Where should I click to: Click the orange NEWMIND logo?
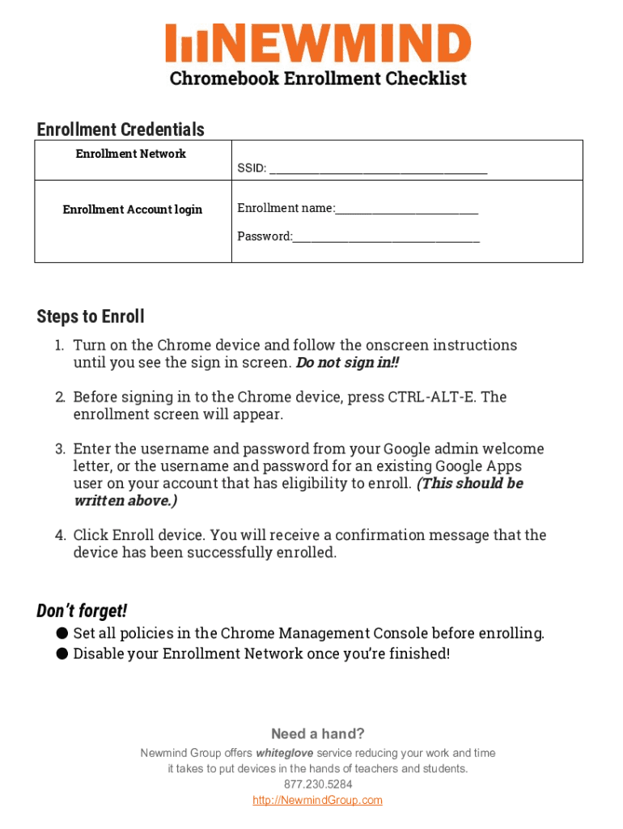tap(318, 44)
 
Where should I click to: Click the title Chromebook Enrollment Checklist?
tap(318, 79)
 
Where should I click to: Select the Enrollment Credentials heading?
tap(121, 130)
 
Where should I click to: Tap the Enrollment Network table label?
tap(131, 154)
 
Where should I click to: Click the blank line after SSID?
tap(378, 170)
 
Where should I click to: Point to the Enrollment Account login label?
tap(133, 210)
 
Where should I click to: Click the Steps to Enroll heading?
tap(91, 317)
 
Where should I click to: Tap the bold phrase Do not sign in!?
tap(347, 363)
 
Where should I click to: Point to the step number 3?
tap(60, 449)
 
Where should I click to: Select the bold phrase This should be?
tap(470, 483)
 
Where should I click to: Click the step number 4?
tap(60, 536)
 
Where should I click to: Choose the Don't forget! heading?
tap(82, 610)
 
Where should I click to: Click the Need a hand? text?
tap(318, 734)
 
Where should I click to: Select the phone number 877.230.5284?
tap(318, 784)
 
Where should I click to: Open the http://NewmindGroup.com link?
tap(318, 801)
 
